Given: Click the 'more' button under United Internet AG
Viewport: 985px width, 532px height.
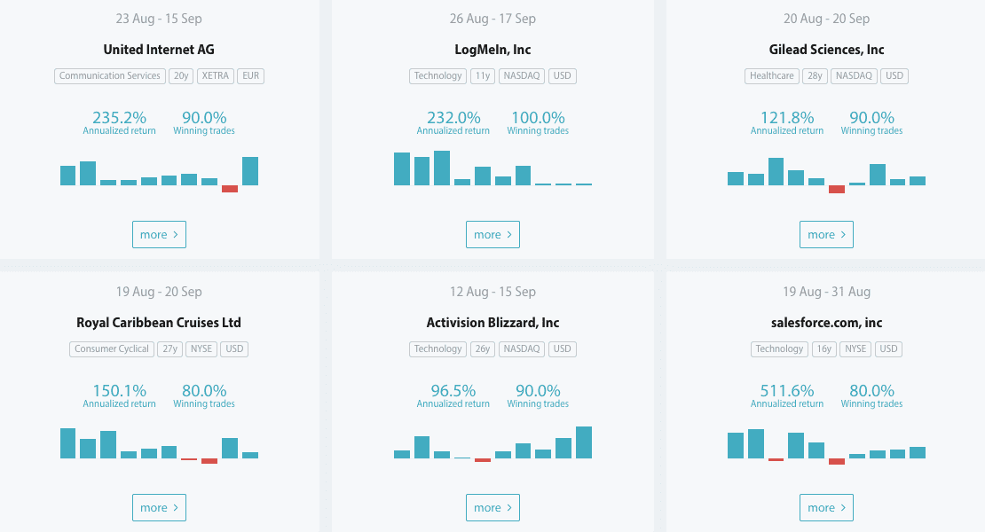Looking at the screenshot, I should click(159, 235).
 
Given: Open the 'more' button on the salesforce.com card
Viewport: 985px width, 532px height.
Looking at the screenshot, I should click(826, 508).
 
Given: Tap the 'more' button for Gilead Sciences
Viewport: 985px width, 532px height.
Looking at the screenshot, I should click(826, 235).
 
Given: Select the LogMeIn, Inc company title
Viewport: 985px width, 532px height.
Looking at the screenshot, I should click(492, 50).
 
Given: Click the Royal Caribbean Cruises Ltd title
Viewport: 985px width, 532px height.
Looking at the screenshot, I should click(159, 323).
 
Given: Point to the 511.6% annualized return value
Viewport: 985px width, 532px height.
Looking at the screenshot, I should click(787, 391).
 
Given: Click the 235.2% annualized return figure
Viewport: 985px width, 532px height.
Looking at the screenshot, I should click(120, 118).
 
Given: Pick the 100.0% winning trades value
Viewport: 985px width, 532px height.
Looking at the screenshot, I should click(538, 118).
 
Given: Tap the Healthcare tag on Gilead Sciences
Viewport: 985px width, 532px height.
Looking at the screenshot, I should click(771, 76).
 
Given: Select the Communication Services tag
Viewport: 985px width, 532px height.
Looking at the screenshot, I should click(110, 76).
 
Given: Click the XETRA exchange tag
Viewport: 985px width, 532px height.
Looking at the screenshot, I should click(215, 76).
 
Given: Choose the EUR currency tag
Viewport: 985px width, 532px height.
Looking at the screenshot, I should click(251, 76).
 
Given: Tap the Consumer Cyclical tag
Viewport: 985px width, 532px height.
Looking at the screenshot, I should click(112, 349).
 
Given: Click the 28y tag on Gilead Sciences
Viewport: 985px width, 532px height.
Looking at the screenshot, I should click(814, 76).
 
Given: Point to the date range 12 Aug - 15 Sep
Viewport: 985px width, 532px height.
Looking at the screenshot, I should click(492, 292).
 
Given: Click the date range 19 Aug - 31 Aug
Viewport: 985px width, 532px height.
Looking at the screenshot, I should click(826, 292).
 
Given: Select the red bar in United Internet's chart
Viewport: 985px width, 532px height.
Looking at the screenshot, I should click(230, 189).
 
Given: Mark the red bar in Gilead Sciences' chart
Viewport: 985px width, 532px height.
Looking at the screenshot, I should click(837, 189).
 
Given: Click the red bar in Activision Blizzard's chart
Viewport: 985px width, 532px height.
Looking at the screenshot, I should click(482, 460).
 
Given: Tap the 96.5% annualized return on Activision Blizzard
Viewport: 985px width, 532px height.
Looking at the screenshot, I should click(453, 391).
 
